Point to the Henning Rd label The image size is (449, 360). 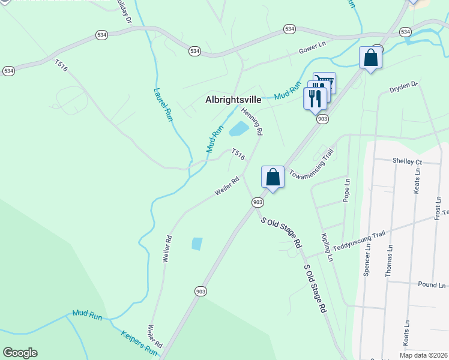[x=252, y=121]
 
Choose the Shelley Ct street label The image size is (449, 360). [x=407, y=161]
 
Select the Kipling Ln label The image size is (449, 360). [x=327, y=248]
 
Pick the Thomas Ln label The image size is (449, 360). [x=388, y=260]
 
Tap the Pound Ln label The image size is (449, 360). [x=432, y=285]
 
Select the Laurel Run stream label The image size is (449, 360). [x=162, y=106]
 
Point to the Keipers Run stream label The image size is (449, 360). [x=139, y=343]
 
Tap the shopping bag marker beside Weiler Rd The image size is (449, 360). [x=273, y=177]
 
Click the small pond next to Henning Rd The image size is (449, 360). [x=239, y=128]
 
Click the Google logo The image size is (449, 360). [x=20, y=353]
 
